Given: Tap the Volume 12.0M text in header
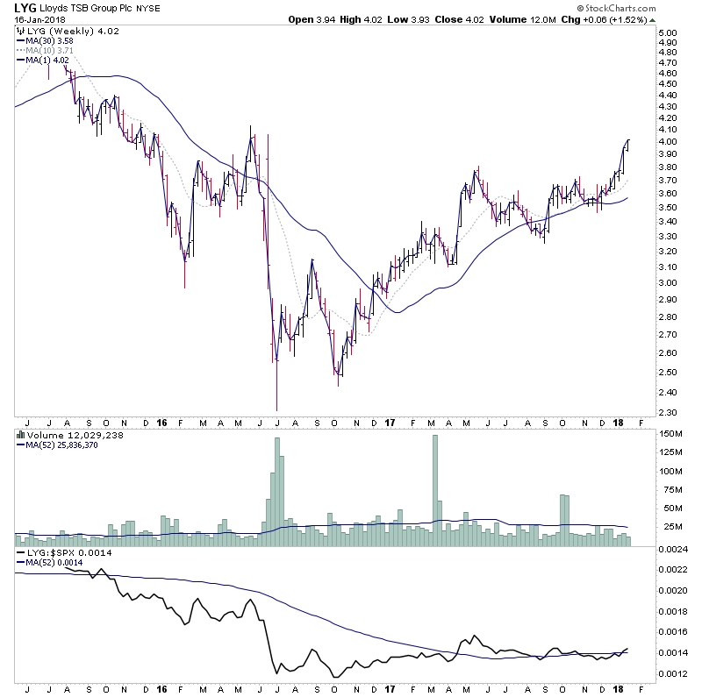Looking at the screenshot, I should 540,19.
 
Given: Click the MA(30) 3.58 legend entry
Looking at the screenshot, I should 51,40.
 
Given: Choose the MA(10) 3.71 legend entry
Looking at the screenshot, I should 51,50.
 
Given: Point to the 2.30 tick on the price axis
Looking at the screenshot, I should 669,412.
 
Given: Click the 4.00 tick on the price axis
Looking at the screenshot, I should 669,142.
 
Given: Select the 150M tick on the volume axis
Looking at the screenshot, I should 670,434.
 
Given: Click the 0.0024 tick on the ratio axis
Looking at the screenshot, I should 672,548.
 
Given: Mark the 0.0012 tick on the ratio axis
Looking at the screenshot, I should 672,674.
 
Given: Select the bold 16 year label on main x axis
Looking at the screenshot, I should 161,422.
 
